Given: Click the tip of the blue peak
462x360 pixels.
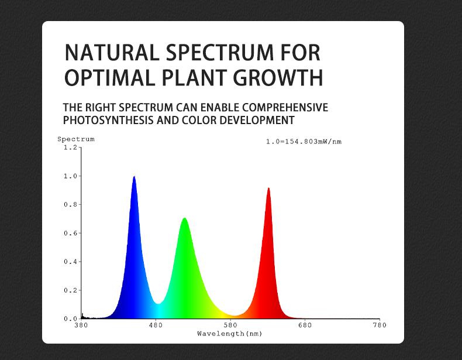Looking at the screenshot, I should (135, 177).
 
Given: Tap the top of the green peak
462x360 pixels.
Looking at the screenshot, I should (185, 219).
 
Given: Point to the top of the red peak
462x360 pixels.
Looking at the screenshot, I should (268, 188).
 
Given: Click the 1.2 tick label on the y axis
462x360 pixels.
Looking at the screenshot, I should (70, 148).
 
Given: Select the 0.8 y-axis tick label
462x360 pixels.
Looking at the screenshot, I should (70, 205).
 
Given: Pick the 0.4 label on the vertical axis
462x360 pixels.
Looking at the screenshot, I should (70, 262).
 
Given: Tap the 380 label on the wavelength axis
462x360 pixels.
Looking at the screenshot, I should (81, 325).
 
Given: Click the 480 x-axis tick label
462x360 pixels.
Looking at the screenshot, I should (156, 325).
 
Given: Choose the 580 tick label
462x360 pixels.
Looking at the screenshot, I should (230, 325).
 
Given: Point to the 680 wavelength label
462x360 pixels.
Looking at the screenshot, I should (305, 325).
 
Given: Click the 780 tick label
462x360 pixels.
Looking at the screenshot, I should (379, 325).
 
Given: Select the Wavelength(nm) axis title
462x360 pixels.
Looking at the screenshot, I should (230, 334).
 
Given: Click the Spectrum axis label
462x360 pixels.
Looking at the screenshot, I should (75, 139).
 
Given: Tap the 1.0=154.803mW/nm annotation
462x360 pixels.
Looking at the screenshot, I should (304, 142).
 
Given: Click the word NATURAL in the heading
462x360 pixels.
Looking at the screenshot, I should (111, 53).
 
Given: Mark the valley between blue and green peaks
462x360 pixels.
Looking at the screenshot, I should (158, 304).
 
